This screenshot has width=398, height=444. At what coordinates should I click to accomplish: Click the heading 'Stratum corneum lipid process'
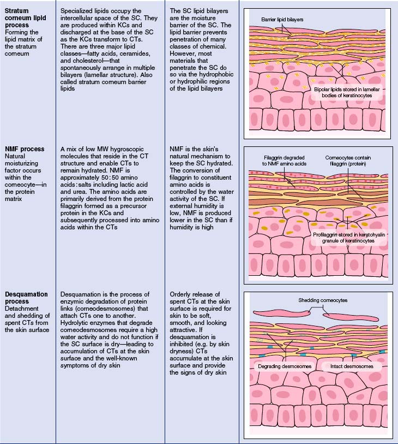(25, 18)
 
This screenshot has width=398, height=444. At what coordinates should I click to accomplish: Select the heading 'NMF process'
(25, 149)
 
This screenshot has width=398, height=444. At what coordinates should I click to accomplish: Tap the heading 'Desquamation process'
(26, 298)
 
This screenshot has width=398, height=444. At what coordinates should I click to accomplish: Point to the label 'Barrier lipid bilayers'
(282, 20)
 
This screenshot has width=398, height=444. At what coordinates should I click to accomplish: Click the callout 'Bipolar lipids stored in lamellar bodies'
(347, 92)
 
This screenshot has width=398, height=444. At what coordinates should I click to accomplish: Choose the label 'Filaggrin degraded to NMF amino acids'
(284, 161)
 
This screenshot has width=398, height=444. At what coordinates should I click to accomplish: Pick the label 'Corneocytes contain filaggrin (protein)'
(348, 161)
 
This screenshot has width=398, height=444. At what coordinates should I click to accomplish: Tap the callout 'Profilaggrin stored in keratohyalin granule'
(348, 238)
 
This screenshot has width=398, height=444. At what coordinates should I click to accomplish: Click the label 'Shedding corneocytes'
(323, 300)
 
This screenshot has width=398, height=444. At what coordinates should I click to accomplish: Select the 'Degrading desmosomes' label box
(285, 366)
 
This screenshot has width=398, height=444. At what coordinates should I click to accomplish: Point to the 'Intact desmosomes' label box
(352, 366)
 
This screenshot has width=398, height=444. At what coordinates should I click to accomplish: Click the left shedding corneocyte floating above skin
(281, 313)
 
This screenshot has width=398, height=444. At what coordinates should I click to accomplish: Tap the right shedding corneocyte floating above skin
(351, 317)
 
